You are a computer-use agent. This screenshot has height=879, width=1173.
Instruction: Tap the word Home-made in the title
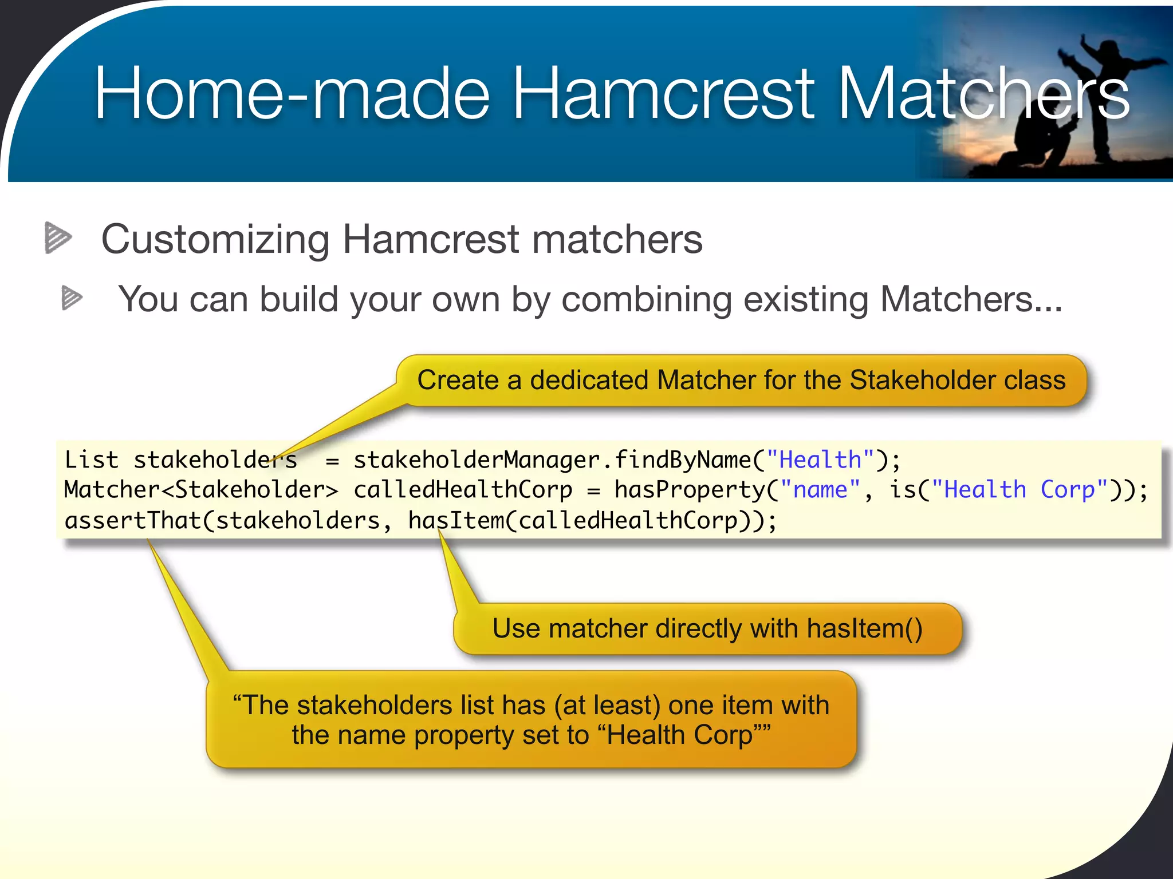tap(292, 93)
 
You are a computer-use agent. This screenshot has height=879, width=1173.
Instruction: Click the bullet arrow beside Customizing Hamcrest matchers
tap(58, 237)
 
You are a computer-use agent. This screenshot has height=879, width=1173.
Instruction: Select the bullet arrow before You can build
tap(72, 298)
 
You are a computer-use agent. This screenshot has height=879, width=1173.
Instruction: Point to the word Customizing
tap(215, 239)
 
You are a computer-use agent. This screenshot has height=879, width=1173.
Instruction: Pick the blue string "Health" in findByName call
tap(820, 460)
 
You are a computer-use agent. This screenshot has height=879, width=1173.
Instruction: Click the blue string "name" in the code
tap(820, 490)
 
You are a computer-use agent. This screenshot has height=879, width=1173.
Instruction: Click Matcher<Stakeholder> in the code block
tap(201, 490)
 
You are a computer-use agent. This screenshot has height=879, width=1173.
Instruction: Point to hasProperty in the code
tap(690, 490)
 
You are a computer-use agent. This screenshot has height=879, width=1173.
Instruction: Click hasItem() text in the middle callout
tap(864, 628)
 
